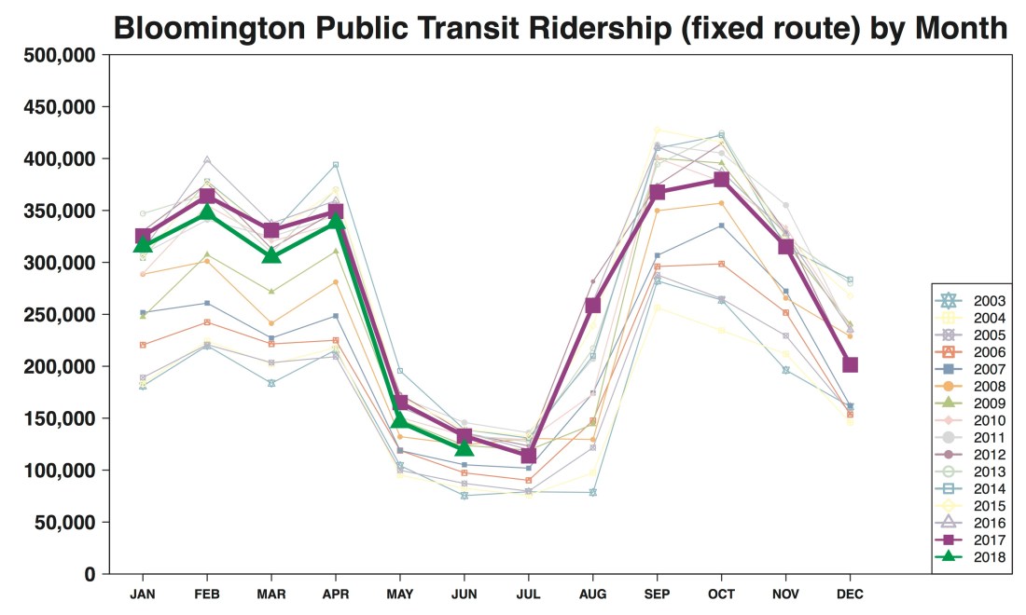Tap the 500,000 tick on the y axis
[x=57, y=55]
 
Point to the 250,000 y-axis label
[x=57, y=315]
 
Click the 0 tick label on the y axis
[x=90, y=575]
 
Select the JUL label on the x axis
[x=529, y=594]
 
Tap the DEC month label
[x=850, y=594]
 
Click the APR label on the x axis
[x=335, y=594]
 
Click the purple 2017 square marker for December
[x=850, y=364]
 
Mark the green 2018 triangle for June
[x=464, y=448]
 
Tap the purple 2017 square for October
[x=721, y=179]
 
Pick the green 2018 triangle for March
[x=270, y=255]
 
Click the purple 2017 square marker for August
[x=592, y=305]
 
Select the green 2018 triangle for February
[x=207, y=213]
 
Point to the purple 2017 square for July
[x=529, y=456]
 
